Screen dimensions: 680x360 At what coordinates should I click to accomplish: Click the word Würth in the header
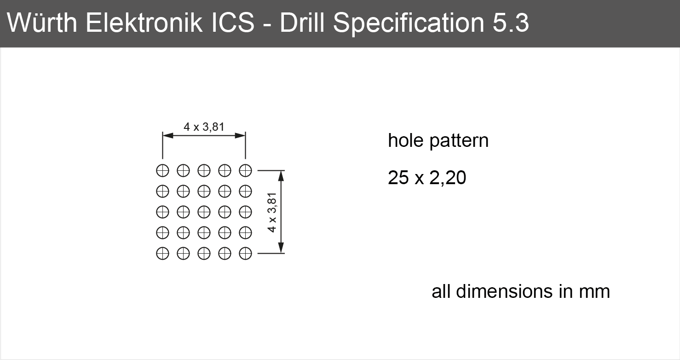[x=42, y=23]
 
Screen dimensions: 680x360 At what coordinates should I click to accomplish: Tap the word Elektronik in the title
[x=144, y=23]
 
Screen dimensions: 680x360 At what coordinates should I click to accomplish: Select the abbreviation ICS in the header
[x=233, y=23]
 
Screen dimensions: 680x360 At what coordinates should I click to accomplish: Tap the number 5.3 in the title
[x=511, y=23]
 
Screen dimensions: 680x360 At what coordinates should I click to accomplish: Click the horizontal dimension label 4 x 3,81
[x=204, y=127]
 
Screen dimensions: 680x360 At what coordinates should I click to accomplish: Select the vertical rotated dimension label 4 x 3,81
[x=272, y=212]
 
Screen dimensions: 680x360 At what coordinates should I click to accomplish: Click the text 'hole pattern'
[x=438, y=141]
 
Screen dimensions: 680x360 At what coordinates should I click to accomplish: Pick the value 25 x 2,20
[x=427, y=178]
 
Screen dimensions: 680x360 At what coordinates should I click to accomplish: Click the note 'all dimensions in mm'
[x=521, y=291]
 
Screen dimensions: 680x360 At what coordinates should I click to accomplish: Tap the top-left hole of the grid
[x=162, y=170]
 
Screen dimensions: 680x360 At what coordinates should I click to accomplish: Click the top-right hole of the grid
[x=245, y=170]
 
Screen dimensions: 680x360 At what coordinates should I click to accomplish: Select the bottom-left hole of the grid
[x=162, y=253]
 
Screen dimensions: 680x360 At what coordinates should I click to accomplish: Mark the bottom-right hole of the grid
[x=245, y=253]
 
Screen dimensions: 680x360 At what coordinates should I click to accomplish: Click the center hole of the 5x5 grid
[x=204, y=212]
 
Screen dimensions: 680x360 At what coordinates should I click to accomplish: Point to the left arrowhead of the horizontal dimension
[x=168, y=135]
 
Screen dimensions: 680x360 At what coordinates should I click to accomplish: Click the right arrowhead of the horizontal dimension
[x=240, y=135]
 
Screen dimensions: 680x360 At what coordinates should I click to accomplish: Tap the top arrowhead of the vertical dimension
[x=281, y=176]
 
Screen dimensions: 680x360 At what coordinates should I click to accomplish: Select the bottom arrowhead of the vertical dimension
[x=281, y=248]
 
